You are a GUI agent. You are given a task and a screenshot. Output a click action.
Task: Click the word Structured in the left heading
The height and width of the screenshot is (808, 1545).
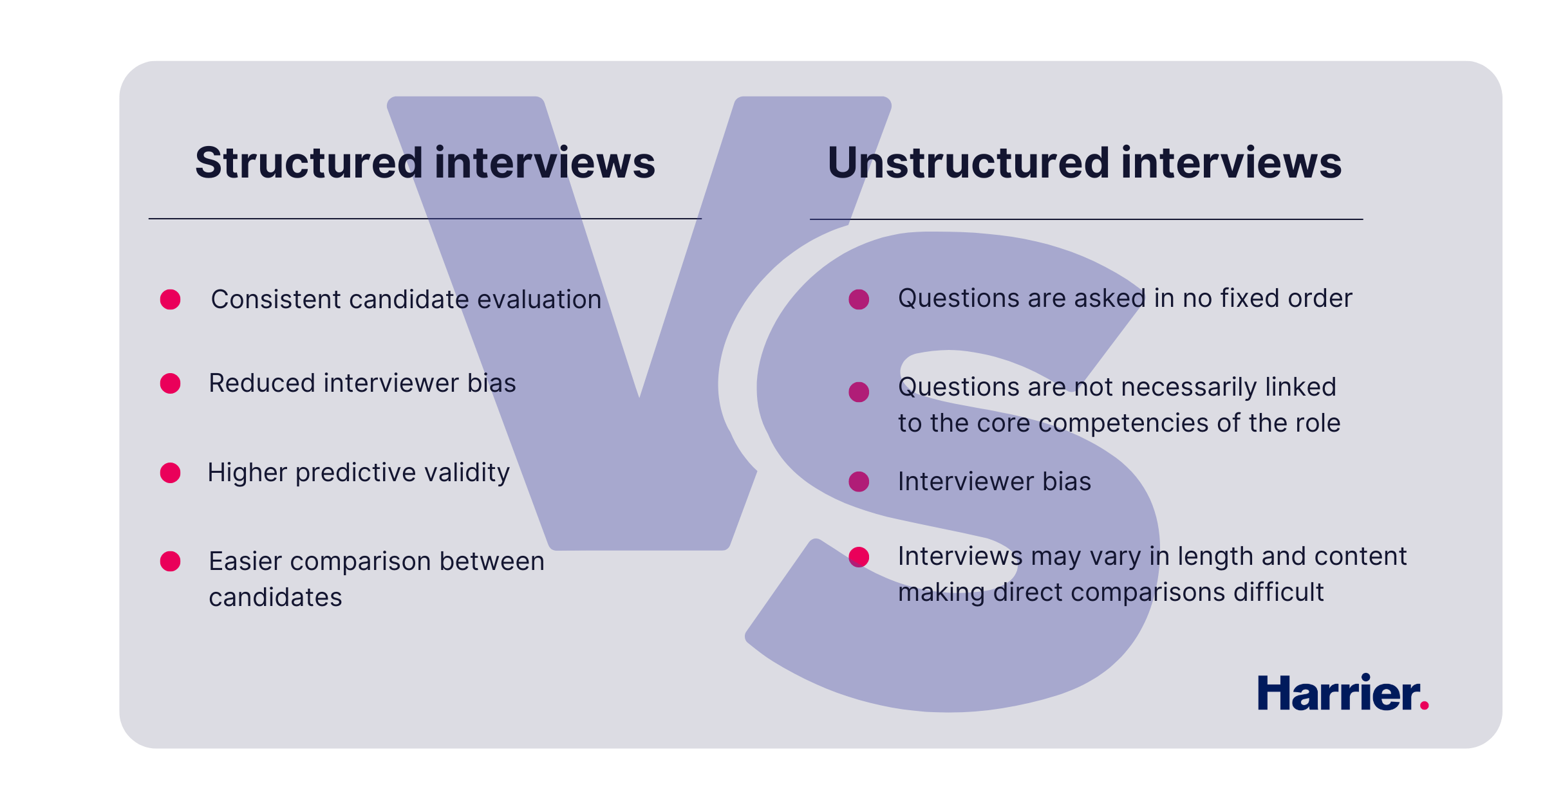click(x=308, y=163)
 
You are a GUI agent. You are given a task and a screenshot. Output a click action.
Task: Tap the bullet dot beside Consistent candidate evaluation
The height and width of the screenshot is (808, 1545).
click(x=171, y=300)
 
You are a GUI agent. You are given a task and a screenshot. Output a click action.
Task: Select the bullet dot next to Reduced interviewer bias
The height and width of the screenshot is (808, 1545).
click(x=171, y=383)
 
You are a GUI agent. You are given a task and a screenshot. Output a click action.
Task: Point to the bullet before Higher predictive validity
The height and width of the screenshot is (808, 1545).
click(x=171, y=473)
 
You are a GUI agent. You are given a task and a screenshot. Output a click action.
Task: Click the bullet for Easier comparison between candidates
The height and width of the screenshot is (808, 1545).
click(x=171, y=562)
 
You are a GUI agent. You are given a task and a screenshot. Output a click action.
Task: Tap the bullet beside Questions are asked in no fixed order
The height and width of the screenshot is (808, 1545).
click(x=859, y=300)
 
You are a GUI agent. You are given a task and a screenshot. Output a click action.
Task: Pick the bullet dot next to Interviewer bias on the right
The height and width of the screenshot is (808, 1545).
click(x=859, y=482)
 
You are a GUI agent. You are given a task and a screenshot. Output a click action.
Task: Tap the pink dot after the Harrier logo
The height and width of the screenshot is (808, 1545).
click(x=1424, y=706)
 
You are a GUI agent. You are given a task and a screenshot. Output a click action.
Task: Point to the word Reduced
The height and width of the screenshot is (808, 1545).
click(x=261, y=383)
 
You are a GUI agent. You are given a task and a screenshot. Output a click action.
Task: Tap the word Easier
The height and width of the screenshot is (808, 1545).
click(x=245, y=562)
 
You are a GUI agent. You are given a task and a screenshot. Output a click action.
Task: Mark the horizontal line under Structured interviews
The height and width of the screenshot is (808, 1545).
click(x=425, y=219)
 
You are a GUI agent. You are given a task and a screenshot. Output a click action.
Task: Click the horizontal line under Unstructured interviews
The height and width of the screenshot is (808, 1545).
click(x=1086, y=219)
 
